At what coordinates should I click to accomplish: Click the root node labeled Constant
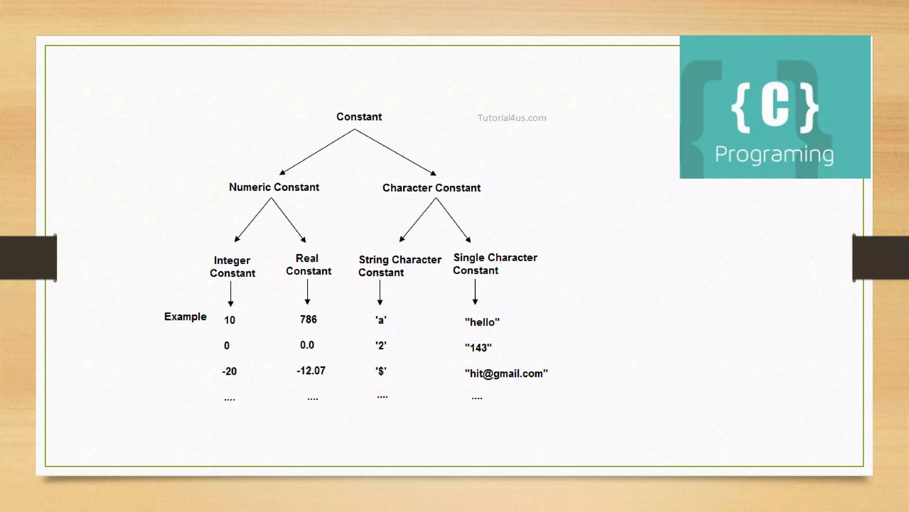click(359, 117)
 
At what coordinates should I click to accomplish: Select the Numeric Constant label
click(274, 187)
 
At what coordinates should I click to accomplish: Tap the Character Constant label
click(431, 188)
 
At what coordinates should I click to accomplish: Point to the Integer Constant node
click(232, 267)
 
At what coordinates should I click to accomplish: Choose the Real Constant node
click(308, 264)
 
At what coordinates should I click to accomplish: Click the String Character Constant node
click(399, 266)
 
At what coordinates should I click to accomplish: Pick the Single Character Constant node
click(494, 264)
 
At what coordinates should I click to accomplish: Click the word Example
click(185, 317)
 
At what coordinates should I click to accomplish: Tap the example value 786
click(308, 320)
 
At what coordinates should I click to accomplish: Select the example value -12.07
click(311, 371)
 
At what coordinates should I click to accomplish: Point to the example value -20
click(229, 371)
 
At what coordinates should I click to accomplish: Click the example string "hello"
click(482, 322)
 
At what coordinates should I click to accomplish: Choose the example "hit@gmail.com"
click(506, 374)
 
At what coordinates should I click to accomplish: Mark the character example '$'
click(381, 371)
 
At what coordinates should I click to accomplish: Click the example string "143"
click(478, 348)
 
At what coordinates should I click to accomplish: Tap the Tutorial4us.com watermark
click(512, 118)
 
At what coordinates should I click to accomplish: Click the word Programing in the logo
click(774, 155)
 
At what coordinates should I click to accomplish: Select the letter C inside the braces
click(775, 106)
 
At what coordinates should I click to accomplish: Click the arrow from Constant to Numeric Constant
click(317, 152)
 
